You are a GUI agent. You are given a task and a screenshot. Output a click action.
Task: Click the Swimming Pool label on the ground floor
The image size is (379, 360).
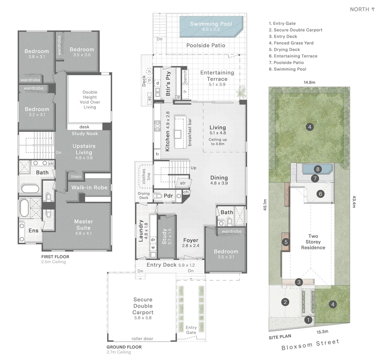tap(211, 24)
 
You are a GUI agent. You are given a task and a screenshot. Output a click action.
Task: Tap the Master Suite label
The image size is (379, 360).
tap(83, 225)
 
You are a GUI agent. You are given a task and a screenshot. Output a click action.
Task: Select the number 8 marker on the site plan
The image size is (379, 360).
tap(318, 169)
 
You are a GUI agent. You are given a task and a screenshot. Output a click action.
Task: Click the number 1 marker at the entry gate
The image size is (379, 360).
tap(308, 320)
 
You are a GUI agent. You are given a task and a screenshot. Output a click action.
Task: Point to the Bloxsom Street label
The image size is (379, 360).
tap(311, 345)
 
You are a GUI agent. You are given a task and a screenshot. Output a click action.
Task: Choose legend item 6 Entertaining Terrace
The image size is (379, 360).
tap(293, 56)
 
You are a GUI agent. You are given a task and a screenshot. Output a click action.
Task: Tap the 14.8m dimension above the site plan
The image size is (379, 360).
tap(310, 82)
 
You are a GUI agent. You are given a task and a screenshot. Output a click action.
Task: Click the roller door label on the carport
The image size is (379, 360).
tap(143, 338)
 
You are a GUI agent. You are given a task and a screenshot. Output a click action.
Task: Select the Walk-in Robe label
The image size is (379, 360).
tap(90, 187)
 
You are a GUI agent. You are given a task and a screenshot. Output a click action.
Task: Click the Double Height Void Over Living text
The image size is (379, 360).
tap(90, 100)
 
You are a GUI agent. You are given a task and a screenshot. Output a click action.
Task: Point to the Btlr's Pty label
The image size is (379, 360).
tap(168, 83)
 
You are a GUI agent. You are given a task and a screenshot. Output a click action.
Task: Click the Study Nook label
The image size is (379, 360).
tap(85, 134)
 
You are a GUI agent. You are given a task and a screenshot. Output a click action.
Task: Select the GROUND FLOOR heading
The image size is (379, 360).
tap(124, 347)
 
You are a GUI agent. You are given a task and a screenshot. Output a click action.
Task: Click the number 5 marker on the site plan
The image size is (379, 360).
tap(286, 242)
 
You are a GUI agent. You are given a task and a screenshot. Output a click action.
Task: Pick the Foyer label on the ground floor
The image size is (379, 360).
tap(191, 240)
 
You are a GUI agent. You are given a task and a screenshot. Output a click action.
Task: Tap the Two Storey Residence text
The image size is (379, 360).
tap(313, 242)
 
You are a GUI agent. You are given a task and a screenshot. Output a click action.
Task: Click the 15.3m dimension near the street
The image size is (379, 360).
tap(322, 332)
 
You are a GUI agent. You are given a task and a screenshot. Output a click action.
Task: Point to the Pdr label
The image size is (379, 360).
tap(168, 195)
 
